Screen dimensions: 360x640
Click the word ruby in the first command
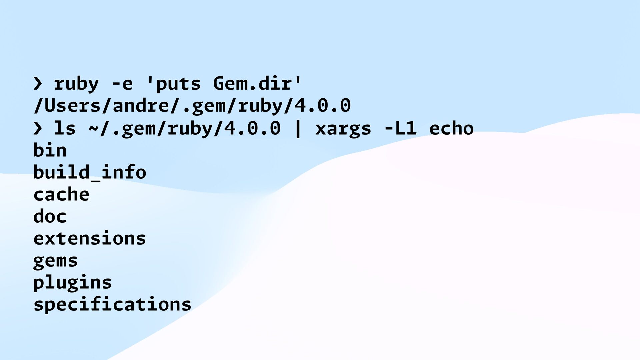76,84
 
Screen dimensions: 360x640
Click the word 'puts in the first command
174,84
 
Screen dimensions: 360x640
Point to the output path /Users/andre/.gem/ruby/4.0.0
192,106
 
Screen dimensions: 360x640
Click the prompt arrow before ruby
38,84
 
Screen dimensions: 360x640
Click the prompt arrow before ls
38,128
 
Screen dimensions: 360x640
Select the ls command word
65,128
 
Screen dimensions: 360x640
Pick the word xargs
343,128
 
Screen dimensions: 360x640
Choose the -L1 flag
400,128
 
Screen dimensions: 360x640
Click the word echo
451,128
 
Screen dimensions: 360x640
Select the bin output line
50,150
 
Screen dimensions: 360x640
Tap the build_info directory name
90,172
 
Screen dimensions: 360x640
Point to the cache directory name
61,194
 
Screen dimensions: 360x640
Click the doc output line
50,216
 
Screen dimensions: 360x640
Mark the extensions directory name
90,238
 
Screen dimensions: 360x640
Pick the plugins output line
73,283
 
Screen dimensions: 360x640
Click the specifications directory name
112,305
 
